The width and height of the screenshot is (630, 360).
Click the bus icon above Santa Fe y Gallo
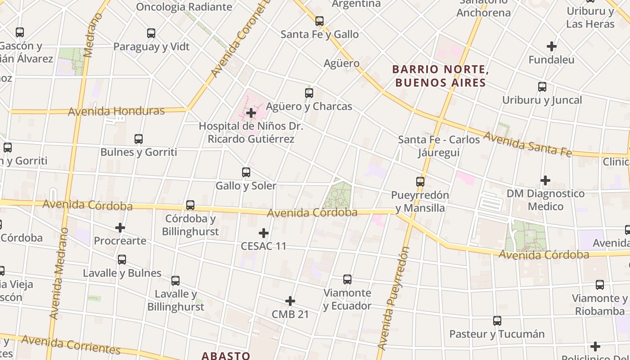[x=319, y=21]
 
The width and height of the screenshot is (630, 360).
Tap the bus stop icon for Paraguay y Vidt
[x=151, y=33]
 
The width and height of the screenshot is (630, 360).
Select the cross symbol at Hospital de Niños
[x=251, y=113]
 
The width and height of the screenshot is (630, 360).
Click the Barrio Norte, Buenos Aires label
[x=441, y=76]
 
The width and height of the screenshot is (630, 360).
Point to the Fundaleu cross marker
[x=552, y=46]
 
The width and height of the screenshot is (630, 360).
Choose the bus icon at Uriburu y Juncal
[x=542, y=86]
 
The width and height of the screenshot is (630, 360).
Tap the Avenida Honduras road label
[x=116, y=111]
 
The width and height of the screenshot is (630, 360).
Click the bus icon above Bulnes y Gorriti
[x=139, y=139]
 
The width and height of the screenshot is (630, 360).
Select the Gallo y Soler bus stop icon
[x=246, y=172]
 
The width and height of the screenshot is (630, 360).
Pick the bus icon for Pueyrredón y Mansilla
[x=420, y=182]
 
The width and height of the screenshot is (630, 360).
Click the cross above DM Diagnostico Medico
[x=545, y=180]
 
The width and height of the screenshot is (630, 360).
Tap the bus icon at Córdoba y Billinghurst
[x=190, y=205]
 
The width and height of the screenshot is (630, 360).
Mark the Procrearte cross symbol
[x=120, y=228]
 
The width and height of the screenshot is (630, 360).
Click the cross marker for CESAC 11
[x=264, y=233]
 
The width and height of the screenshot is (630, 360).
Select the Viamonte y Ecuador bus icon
[x=347, y=279]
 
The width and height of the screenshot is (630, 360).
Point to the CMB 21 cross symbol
[x=290, y=301]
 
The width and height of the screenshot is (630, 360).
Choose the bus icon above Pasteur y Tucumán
[x=497, y=321]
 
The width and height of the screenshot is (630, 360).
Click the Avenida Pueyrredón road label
[x=393, y=298]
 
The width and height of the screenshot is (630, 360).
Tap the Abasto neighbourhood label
[x=225, y=355]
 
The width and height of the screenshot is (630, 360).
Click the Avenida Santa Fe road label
[x=527, y=144]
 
